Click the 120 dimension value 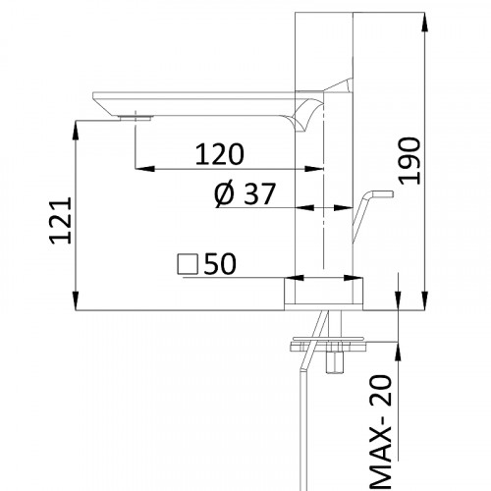point(220,154)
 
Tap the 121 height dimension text point(61,220)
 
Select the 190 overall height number point(409,161)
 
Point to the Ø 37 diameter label point(245,194)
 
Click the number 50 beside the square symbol point(220,264)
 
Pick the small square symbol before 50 point(188,264)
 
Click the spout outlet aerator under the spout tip point(136,118)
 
